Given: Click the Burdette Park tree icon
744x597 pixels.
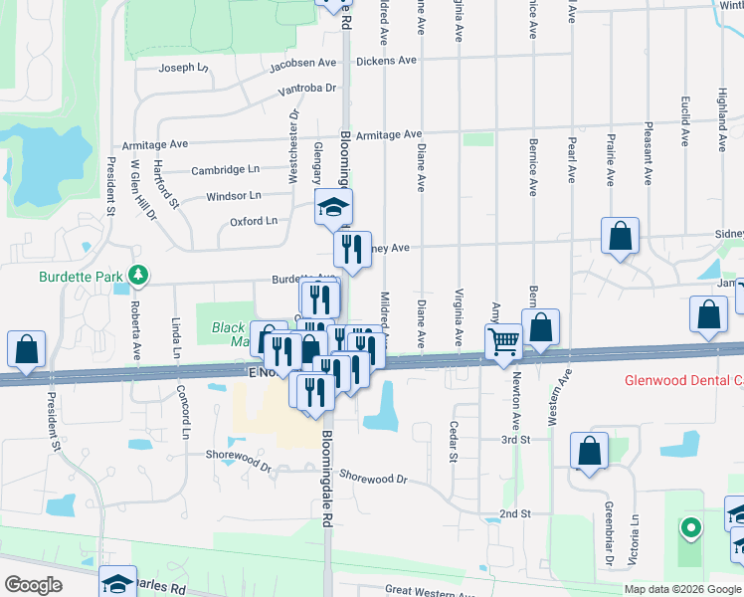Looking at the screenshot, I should click(x=141, y=274).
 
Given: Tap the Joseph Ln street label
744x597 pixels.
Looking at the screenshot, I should click(x=184, y=69).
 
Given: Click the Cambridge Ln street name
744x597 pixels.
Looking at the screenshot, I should click(x=225, y=170).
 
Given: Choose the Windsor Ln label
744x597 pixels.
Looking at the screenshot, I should click(x=234, y=196).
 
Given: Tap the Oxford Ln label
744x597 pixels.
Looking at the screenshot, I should click(x=253, y=221).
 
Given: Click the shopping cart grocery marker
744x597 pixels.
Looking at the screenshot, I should click(x=504, y=341).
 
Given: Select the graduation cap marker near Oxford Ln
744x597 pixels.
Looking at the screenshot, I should click(x=334, y=208).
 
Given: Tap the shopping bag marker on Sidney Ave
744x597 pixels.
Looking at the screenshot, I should click(x=620, y=237).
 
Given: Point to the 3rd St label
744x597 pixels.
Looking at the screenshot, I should click(x=513, y=439).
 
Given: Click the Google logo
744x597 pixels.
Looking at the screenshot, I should click(x=33, y=585).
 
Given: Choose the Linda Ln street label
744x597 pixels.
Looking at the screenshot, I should click(x=176, y=339).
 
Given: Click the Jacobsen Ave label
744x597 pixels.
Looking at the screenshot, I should click(x=303, y=64).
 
